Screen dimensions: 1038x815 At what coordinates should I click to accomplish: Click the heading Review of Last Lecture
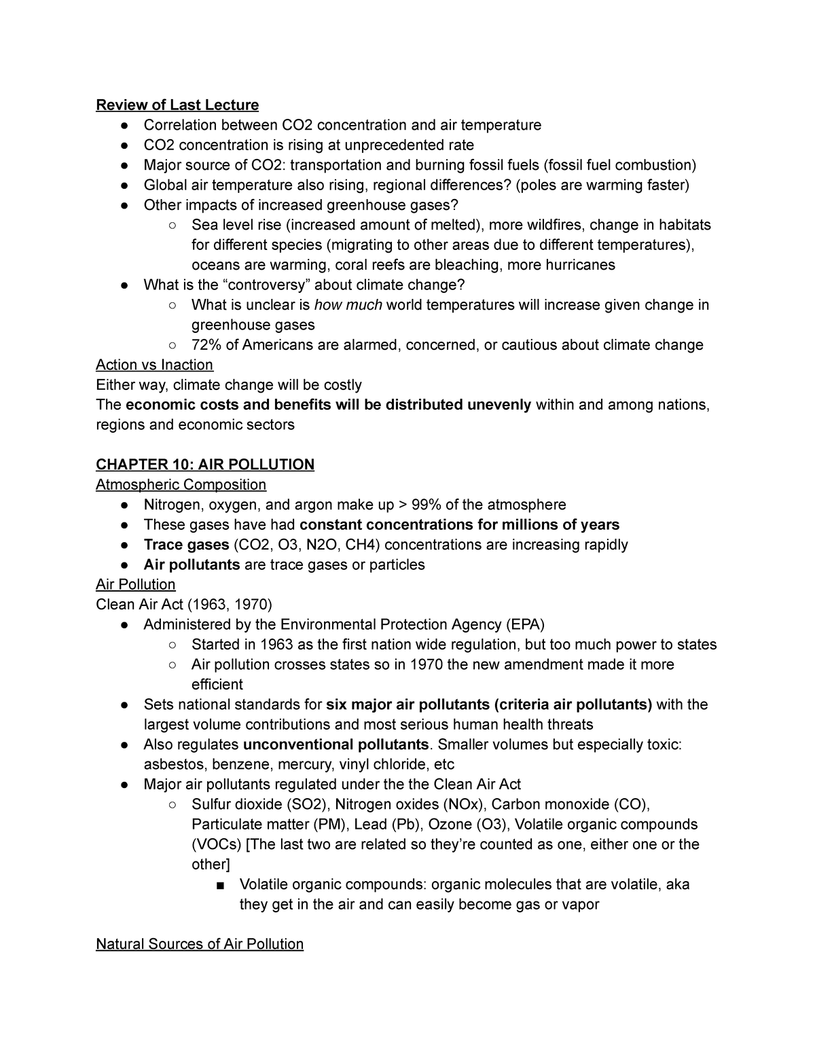pyautogui.click(x=177, y=105)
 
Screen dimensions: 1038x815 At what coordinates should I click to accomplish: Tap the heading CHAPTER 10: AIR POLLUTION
pyautogui.click(x=205, y=465)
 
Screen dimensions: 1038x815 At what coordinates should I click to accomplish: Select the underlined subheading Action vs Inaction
pyautogui.click(x=155, y=365)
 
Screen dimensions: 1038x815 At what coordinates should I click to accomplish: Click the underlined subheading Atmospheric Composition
pyautogui.click(x=181, y=484)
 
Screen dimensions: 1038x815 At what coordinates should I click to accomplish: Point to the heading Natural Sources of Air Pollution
pyautogui.click(x=200, y=944)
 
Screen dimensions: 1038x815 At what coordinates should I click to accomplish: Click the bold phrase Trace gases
pyautogui.click(x=186, y=545)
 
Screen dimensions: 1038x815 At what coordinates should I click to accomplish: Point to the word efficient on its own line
pyautogui.click(x=217, y=684)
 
